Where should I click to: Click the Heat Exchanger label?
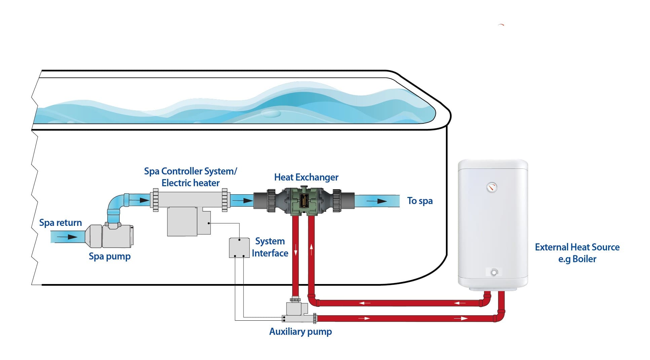pos(306,177)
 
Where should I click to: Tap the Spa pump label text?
pos(109,256)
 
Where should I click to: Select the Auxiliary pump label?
pos(300,331)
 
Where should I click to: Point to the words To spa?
pos(420,201)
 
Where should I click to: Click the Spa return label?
pos(61,223)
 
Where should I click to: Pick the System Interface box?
pos(239,248)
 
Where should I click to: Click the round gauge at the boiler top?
pos(492,187)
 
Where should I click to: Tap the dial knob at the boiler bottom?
pos(494,272)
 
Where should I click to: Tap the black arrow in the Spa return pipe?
pos(67,237)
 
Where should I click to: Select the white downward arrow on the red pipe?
pos(296,250)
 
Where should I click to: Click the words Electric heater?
pos(190,183)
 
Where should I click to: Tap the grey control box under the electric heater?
pos(183,222)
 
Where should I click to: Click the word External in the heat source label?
pos(551,247)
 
